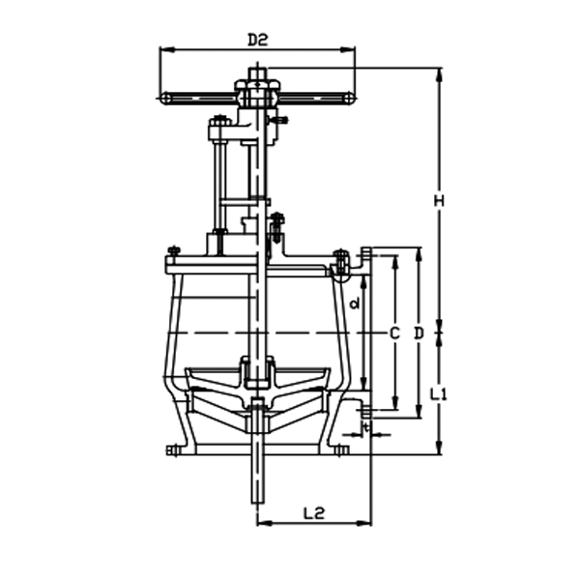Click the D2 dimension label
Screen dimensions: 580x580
[x=256, y=40]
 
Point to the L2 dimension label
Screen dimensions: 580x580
[x=313, y=513]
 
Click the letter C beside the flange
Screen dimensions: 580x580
[x=393, y=333]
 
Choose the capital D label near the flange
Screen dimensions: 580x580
[x=419, y=333]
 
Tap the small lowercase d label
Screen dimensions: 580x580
[x=356, y=304]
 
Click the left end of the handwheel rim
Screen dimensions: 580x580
[x=165, y=97]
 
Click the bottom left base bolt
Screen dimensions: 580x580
[x=174, y=449]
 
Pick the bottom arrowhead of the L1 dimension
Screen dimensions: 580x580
[x=440, y=451]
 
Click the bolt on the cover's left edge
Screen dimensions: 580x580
[x=173, y=253]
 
